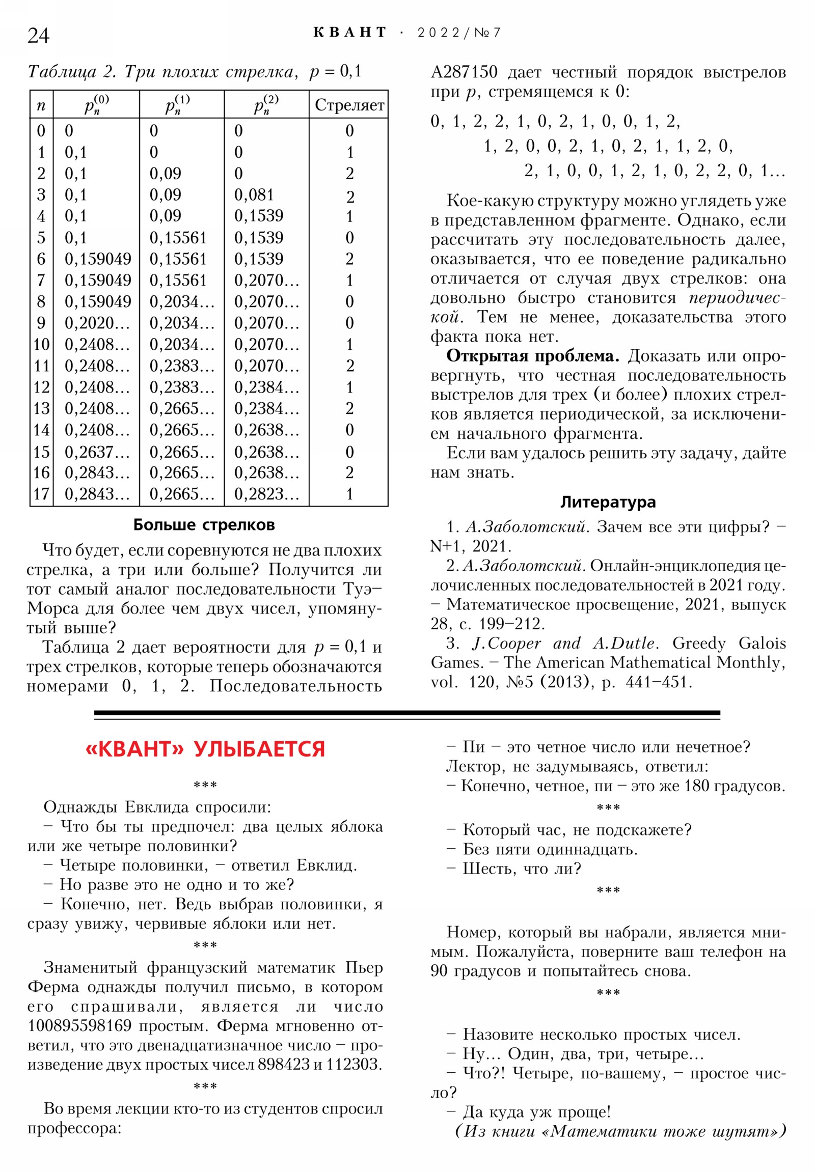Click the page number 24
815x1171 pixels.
click(x=38, y=36)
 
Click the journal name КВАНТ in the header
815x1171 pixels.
click(x=349, y=33)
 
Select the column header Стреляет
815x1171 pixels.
click(x=349, y=104)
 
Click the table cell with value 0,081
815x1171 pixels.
click(x=254, y=194)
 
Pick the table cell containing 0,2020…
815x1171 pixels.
click(x=97, y=323)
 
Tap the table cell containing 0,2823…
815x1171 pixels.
click(x=266, y=494)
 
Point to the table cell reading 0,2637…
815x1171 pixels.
click(x=97, y=452)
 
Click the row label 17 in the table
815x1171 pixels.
click(x=41, y=494)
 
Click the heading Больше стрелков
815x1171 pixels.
click(x=204, y=524)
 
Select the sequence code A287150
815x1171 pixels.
click(x=464, y=72)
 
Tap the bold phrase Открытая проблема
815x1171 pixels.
click(x=532, y=356)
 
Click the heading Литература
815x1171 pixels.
click(x=608, y=502)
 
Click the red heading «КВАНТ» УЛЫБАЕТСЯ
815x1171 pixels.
click(x=205, y=749)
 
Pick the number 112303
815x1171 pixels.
click(x=353, y=1065)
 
